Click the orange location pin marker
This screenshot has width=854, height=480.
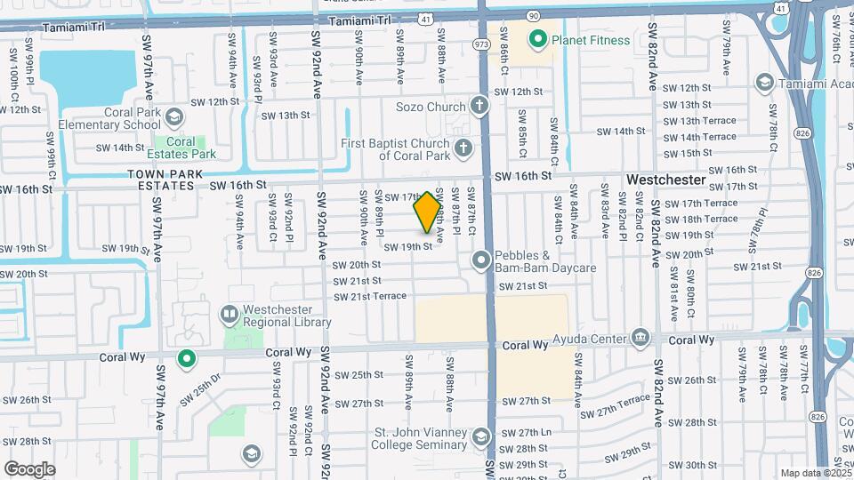point(427,212)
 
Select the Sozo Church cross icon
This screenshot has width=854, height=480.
point(479,107)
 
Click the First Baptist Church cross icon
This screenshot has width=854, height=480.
point(463,148)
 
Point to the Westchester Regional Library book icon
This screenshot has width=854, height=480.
point(229,314)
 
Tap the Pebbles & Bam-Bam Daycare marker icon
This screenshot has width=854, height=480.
point(481,260)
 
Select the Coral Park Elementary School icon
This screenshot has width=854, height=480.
point(174,117)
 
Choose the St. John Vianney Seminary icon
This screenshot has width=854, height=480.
point(481,436)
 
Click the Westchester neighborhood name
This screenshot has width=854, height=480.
point(666,180)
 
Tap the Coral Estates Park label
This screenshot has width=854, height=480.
point(181,148)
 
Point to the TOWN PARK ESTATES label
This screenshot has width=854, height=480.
point(160,180)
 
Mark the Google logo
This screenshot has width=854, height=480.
point(30,468)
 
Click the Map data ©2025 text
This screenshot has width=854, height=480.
point(814,473)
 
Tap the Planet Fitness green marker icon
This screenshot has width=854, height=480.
point(537,39)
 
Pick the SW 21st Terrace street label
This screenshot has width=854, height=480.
point(369,296)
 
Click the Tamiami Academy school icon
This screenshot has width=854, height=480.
point(763,83)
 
